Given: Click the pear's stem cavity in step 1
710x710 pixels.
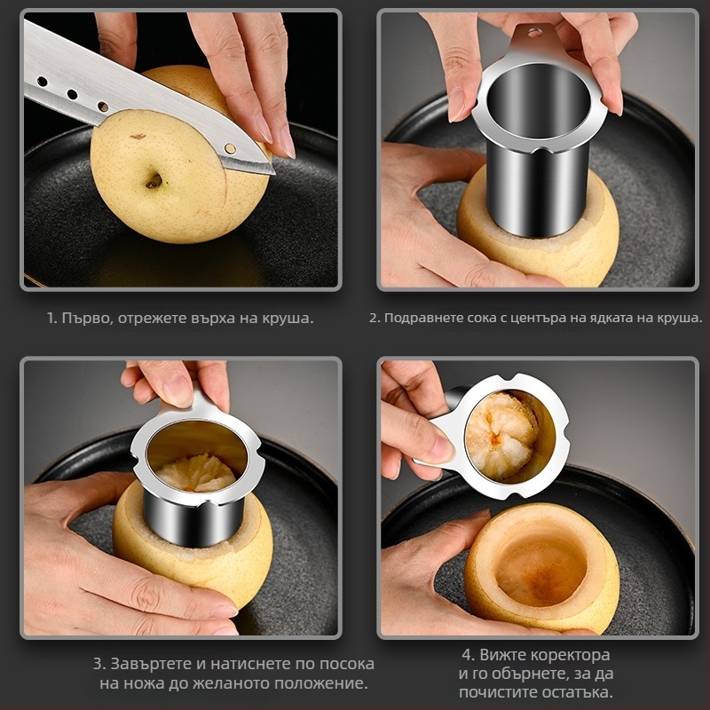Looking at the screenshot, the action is click(x=154, y=181).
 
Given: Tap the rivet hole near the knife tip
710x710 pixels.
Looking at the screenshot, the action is click(x=230, y=148).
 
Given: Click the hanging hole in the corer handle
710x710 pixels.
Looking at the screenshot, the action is click(x=535, y=32).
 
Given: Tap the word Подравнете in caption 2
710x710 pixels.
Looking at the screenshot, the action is click(x=416, y=318).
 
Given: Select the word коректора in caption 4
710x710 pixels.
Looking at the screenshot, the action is click(x=570, y=655).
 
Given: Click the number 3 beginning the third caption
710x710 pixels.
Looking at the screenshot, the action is click(x=98, y=664).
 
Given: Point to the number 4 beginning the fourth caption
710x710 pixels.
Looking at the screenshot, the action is click(x=468, y=655).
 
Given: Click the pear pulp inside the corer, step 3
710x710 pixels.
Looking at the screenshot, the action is click(x=196, y=474).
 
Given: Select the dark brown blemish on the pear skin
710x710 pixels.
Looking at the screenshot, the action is click(x=138, y=136).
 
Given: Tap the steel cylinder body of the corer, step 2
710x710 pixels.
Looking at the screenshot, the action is click(x=538, y=190).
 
